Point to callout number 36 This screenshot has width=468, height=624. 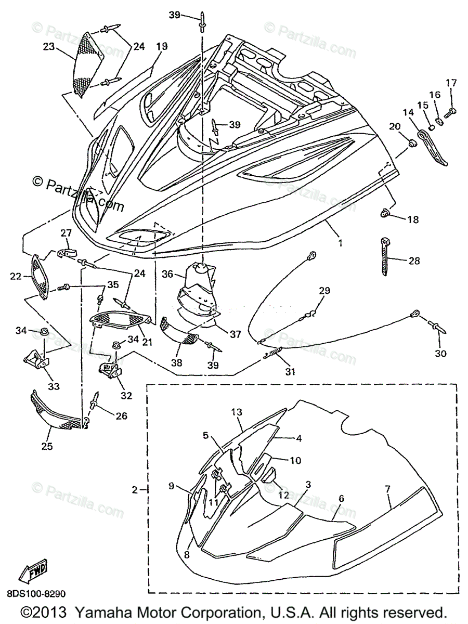tap(167, 274)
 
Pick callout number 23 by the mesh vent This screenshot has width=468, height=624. tap(49, 46)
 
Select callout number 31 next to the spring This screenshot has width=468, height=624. tap(289, 371)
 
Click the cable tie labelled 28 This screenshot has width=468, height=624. tap(386, 258)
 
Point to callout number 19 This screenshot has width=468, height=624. tap(161, 46)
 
